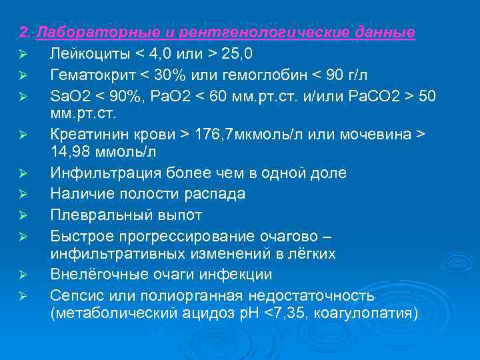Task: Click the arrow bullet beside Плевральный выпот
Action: click(x=21, y=215)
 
